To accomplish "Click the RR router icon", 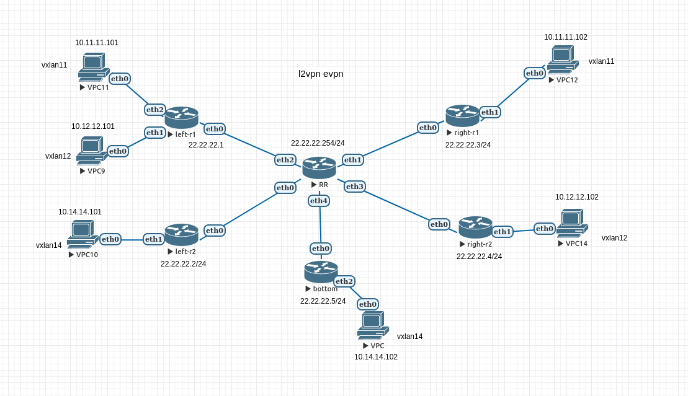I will (319, 167).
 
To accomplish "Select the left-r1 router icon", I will (181, 117).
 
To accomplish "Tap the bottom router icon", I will (321, 271).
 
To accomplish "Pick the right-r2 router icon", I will (475, 227).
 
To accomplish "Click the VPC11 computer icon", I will (94, 67).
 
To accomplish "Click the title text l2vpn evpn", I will (321, 74).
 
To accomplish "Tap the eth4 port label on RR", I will (319, 201).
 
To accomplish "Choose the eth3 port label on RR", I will (355, 186).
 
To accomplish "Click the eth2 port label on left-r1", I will (155, 110).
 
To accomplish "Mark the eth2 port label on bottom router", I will (344, 281).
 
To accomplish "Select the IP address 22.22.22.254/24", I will (318, 143).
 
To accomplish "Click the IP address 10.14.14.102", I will (376, 357).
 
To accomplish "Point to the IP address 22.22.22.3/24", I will (468, 145).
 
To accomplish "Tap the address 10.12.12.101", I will (93, 126).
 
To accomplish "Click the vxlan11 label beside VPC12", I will (601, 61).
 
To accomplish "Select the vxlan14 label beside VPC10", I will (49, 245).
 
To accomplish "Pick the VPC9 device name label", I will (96, 171).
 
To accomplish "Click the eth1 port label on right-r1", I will (490, 112).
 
